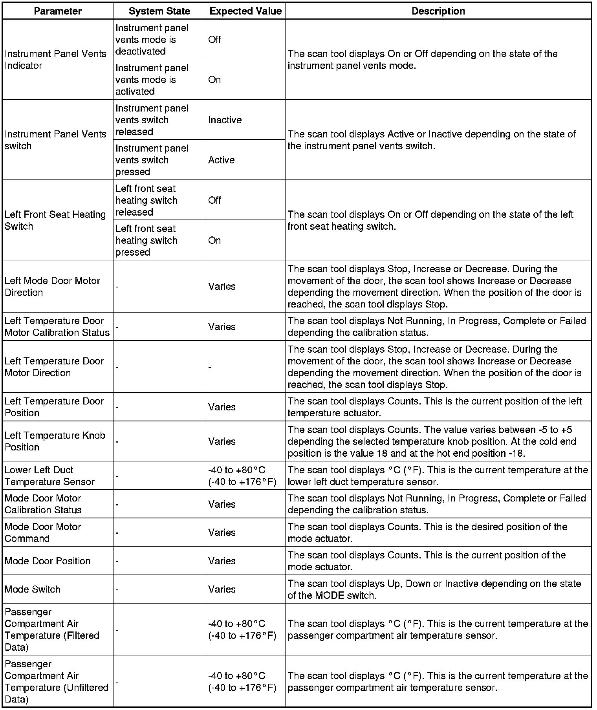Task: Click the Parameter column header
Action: click(x=58, y=11)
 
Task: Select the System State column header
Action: click(x=159, y=11)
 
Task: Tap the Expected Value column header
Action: click(x=245, y=11)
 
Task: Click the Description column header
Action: click(x=438, y=11)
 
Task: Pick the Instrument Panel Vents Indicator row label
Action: click(x=55, y=60)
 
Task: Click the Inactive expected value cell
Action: click(x=225, y=120)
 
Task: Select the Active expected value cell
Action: click(x=222, y=160)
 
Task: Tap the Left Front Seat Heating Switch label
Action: click(x=55, y=220)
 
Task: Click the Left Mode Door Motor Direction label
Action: click(x=52, y=286)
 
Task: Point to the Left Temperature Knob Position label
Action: click(x=55, y=441)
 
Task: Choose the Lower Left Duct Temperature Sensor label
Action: click(x=49, y=476)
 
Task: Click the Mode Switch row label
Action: click(x=33, y=589)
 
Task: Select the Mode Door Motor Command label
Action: click(x=42, y=532)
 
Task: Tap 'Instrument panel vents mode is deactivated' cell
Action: click(x=152, y=40)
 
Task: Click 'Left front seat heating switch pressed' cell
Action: click(x=147, y=240)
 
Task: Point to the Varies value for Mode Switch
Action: click(x=222, y=589)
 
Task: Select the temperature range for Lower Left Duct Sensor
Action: click(x=242, y=476)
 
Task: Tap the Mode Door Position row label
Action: click(x=48, y=561)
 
